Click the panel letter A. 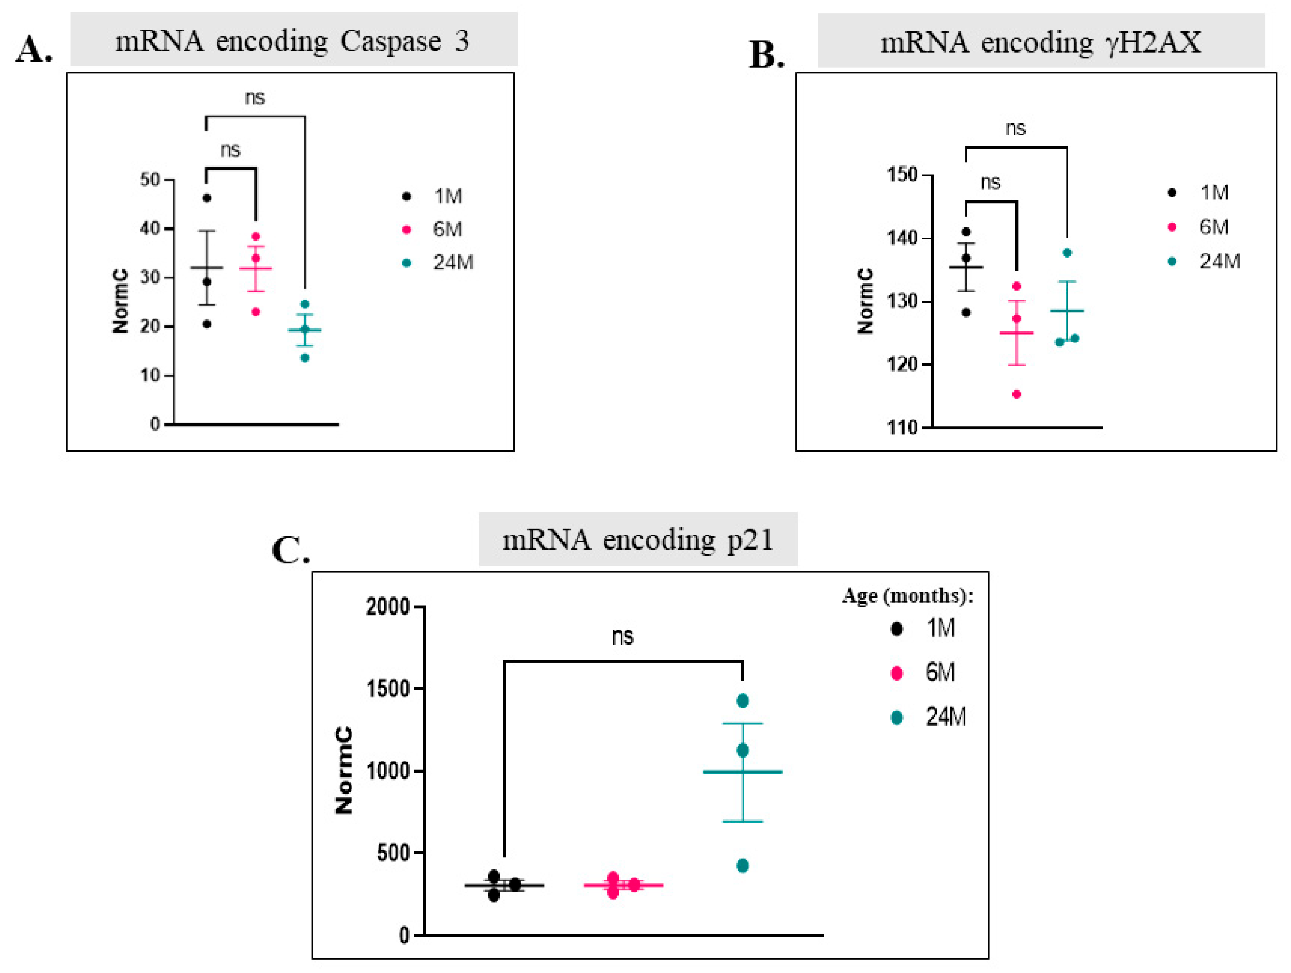tap(33, 49)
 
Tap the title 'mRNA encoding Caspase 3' tap(292, 41)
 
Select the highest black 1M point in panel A tap(207, 198)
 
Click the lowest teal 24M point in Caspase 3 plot tap(305, 358)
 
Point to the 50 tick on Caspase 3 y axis tap(150, 179)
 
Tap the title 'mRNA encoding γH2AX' tap(1041, 42)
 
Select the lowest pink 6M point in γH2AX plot tap(1016, 394)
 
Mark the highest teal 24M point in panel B tap(1067, 253)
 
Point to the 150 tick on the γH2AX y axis tap(902, 175)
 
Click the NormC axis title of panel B tap(866, 301)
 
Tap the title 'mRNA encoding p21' tap(638, 539)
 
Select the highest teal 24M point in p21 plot tap(743, 701)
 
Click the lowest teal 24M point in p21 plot tap(743, 865)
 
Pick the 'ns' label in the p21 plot tap(623, 636)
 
